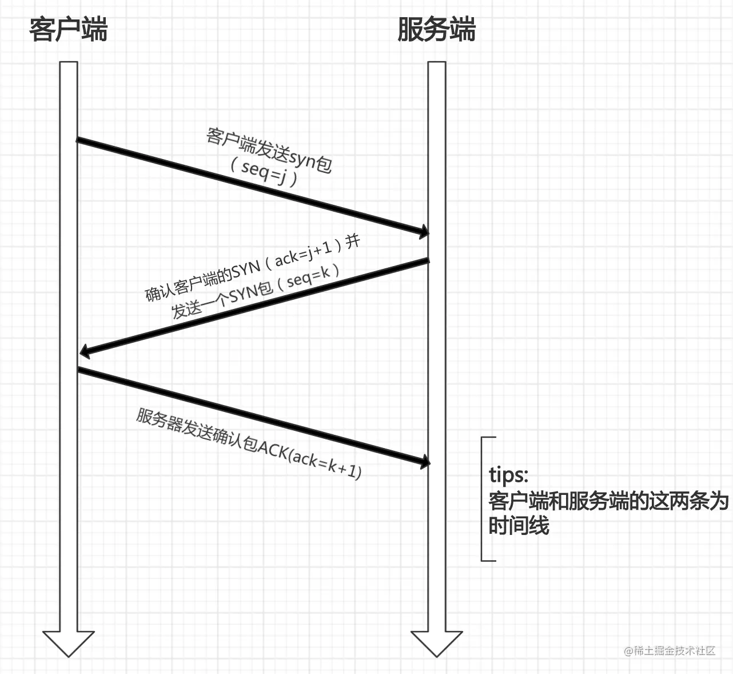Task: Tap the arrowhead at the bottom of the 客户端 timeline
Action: [69, 643]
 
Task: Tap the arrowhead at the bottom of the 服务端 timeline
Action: [437, 643]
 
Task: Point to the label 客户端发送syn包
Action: [269, 150]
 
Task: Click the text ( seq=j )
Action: [264, 171]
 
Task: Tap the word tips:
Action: [508, 475]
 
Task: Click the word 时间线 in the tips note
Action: [519, 525]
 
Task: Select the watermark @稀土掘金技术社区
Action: [670, 651]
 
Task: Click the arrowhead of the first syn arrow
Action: [424, 231]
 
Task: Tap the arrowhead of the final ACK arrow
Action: [424, 461]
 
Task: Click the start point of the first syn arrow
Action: [78, 140]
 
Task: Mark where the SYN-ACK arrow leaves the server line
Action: [427, 261]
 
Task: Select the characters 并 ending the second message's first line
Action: [353, 241]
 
